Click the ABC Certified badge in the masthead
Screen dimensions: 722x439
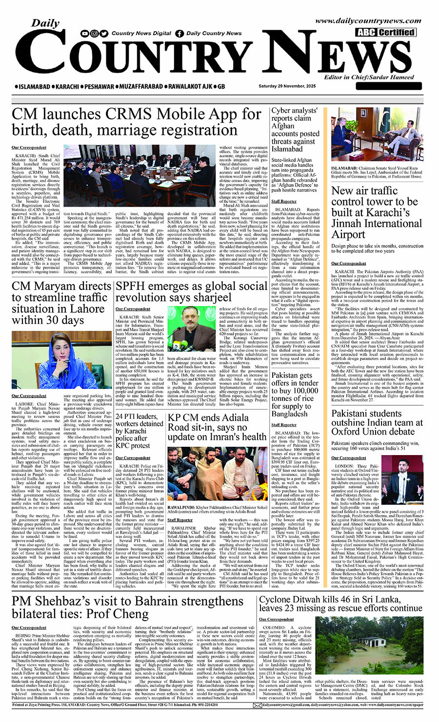point(385,33)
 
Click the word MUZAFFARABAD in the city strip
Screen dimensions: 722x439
point(132,86)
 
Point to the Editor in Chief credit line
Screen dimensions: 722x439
point(369,77)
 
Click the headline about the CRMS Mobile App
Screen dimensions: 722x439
point(137,122)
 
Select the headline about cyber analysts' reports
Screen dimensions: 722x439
point(296,130)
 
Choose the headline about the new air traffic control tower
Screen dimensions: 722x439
point(376,212)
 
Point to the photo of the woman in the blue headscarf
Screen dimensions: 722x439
point(61,360)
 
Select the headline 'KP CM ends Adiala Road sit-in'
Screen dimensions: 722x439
point(217,427)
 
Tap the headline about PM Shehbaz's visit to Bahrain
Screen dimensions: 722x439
point(128,607)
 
